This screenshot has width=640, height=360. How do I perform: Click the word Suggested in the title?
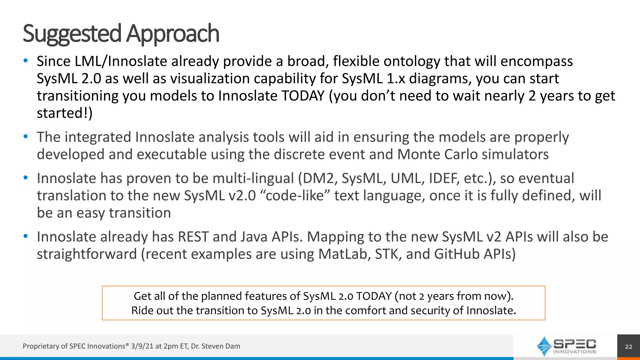[x=72, y=34]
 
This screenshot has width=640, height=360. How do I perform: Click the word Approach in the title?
[x=173, y=34]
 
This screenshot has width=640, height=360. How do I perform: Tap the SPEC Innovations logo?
[x=566, y=346]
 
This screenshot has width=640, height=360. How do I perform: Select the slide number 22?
[x=628, y=347]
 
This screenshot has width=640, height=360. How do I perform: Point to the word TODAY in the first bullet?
[x=303, y=96]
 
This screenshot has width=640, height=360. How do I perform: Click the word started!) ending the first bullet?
[x=65, y=113]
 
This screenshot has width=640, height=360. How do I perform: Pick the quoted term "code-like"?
[x=295, y=196]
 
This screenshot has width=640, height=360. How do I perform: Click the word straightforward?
[x=87, y=254]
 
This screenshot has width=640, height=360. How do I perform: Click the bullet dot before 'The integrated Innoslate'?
[x=26, y=137]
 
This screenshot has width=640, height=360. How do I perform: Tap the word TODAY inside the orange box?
[x=374, y=296]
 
